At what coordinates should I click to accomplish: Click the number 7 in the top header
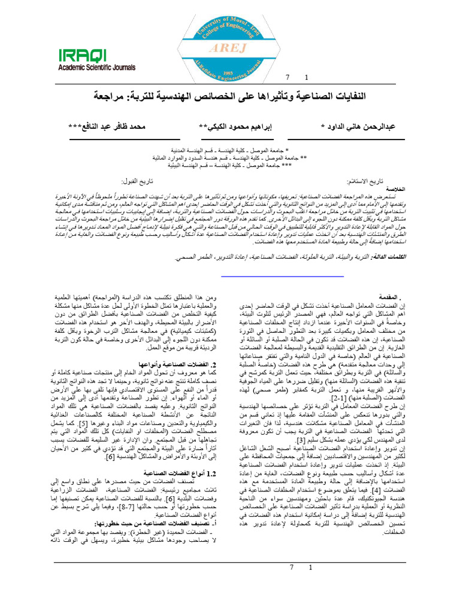pyautogui.click(x=286, y=78)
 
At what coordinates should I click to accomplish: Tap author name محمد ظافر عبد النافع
pyautogui.click(x=106, y=127)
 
